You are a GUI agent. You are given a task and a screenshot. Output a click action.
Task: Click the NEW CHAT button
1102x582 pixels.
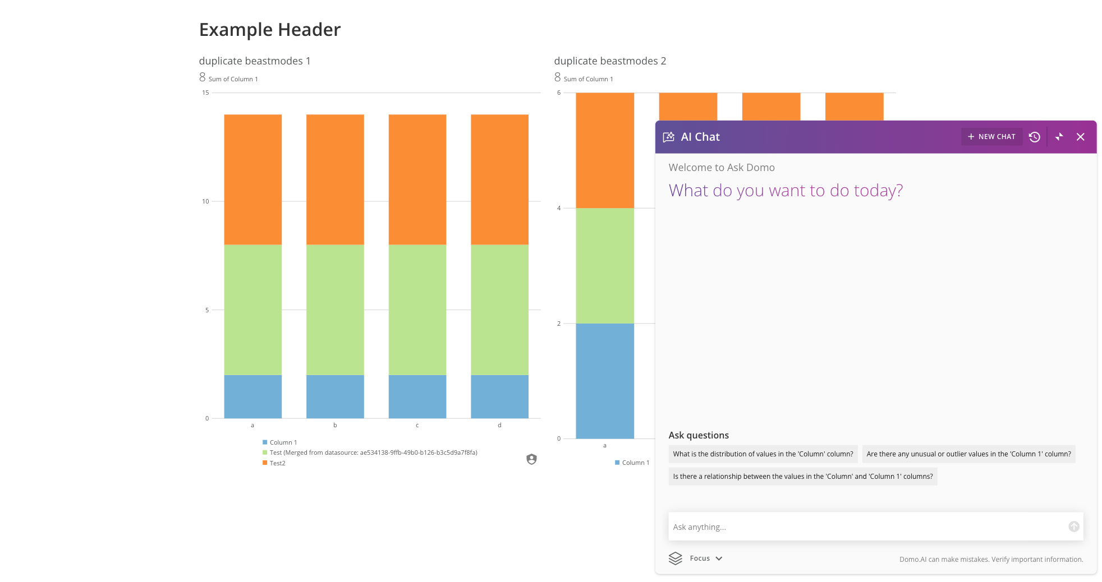pos(991,137)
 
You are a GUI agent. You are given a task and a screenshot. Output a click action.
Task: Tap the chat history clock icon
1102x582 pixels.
pos(1035,137)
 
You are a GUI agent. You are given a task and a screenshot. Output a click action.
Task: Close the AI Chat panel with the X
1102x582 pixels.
pos(1081,137)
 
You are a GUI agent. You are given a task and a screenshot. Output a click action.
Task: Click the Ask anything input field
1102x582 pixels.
pos(867,526)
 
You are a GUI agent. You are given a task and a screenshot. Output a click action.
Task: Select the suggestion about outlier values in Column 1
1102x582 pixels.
pos(968,454)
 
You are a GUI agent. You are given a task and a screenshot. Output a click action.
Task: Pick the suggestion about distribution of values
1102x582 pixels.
pos(763,454)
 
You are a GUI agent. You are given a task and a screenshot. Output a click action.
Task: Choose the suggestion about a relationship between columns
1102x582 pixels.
pos(803,477)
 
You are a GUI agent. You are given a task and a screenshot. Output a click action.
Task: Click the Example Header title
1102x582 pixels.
pos(270,30)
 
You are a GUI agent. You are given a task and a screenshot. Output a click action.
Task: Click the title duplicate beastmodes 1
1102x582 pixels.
pos(255,61)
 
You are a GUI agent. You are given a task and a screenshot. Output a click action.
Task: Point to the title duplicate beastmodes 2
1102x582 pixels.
pos(610,61)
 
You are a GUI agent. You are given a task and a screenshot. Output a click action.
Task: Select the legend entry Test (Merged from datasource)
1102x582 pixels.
pos(370,452)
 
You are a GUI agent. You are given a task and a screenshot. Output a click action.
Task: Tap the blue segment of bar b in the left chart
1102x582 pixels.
pos(335,396)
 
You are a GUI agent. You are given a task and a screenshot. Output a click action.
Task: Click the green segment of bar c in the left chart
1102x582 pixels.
pos(417,310)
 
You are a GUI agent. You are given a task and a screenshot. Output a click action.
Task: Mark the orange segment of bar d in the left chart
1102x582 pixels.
pos(499,179)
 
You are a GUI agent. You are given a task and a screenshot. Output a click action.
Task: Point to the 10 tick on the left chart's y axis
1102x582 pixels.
pos(205,201)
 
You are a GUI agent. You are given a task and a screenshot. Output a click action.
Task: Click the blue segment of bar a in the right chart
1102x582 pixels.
pos(605,381)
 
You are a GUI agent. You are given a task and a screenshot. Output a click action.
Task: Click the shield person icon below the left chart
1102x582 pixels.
pos(532,459)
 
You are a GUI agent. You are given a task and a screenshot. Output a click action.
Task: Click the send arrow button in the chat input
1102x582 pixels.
pos(1074,526)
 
